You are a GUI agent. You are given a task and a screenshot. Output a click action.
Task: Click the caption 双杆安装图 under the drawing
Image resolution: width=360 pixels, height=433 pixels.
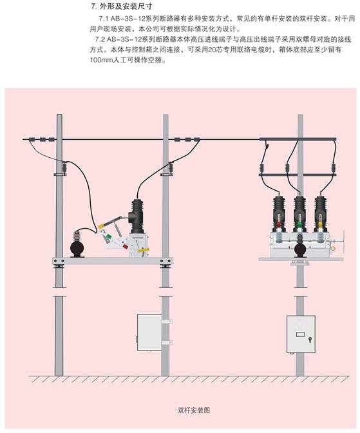tap(194, 410)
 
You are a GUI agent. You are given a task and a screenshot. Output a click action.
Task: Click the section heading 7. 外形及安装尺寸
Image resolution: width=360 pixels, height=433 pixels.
tap(122, 6)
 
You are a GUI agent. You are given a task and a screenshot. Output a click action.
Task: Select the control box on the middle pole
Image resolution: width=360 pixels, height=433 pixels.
tap(149, 332)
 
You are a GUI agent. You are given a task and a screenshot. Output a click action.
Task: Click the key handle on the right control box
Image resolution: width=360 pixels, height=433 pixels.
tap(310, 340)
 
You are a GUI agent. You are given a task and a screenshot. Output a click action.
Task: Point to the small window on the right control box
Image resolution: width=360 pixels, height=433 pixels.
tap(300, 334)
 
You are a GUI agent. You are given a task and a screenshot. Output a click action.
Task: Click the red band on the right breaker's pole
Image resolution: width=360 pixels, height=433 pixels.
tap(279, 224)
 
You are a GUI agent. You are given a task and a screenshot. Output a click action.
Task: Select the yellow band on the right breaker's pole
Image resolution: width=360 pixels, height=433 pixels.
tap(321, 224)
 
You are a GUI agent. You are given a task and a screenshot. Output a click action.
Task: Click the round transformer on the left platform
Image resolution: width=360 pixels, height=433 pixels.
tap(77, 247)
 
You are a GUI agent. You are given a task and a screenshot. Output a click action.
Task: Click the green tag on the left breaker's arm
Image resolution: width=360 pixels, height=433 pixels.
tap(109, 236)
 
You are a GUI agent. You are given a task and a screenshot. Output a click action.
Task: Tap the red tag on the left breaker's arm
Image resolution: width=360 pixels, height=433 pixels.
tap(126, 246)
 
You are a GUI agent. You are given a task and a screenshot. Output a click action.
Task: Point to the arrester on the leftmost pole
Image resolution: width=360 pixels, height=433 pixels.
tap(65, 168)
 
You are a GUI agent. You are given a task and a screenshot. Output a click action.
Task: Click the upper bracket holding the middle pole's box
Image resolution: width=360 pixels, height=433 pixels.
tap(167, 322)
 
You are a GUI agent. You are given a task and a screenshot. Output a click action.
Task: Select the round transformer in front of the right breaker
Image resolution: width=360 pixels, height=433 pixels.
tap(299, 247)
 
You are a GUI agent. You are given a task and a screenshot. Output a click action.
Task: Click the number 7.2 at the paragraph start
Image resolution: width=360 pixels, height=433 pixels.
tap(100, 39)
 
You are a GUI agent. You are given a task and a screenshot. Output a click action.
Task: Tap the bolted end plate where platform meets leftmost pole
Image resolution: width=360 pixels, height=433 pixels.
tap(59, 261)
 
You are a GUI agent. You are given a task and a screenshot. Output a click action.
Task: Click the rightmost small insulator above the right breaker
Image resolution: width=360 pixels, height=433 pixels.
tap(334, 168)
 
